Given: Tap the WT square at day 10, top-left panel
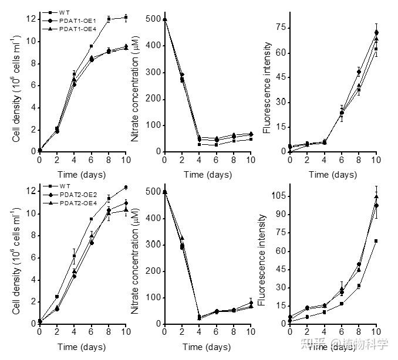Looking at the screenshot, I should [126, 18].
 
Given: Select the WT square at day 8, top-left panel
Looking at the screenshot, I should [109, 19].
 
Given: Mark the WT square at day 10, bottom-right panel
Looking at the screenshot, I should [376, 241].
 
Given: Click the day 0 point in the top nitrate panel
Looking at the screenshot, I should [164, 19].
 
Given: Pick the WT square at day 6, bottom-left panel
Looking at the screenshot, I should [91, 219].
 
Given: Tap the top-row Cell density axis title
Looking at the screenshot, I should [15, 88].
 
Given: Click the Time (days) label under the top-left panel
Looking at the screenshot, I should [82, 174].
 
